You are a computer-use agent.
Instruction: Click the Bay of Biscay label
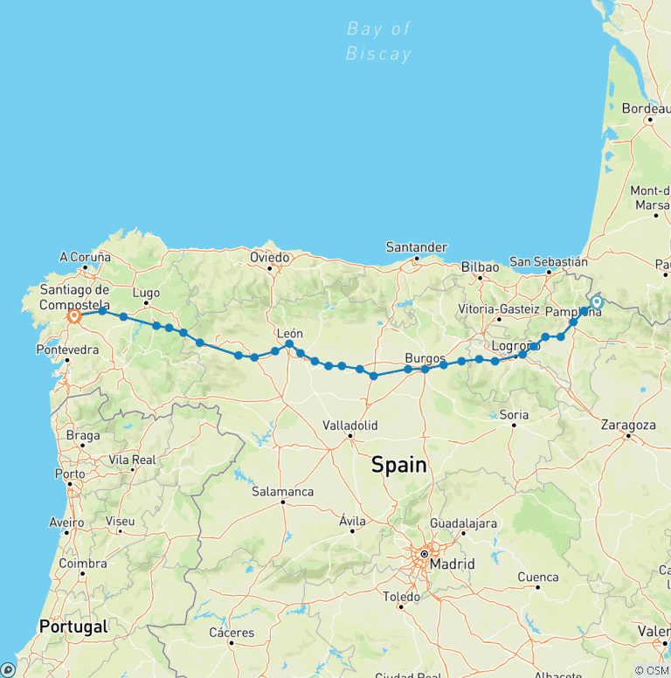coord(378,41)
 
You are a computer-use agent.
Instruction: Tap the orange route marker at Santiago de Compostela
coord(73,316)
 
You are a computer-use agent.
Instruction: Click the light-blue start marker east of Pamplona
coord(597,302)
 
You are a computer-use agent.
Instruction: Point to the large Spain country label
coord(399,465)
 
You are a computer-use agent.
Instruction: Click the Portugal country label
coord(73,626)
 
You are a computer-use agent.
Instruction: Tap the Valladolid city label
coord(349,425)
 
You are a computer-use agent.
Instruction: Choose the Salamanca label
coord(283,492)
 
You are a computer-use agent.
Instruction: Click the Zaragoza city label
coord(628,425)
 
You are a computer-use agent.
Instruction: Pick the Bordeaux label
coord(646,109)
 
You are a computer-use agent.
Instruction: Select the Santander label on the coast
coord(417,247)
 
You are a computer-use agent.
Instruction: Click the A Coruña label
coord(85,257)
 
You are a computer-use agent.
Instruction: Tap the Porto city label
coord(69,474)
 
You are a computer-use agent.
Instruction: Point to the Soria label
coord(514,414)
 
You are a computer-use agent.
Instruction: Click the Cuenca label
coord(538,577)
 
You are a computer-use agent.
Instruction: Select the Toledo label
coord(402,597)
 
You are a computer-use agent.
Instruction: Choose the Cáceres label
coord(232,633)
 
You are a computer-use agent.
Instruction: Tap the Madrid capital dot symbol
coord(424,553)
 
